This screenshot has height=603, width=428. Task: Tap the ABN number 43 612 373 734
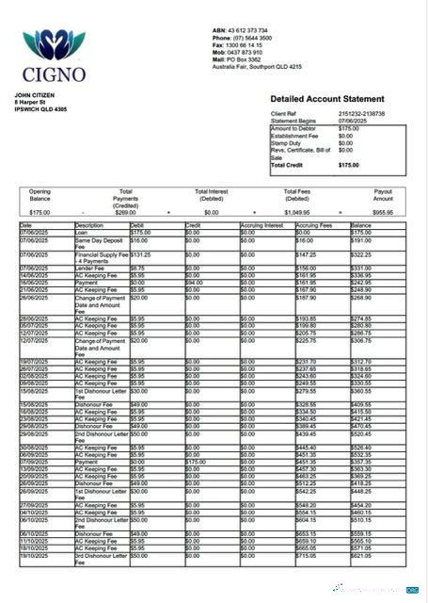coord(248,30)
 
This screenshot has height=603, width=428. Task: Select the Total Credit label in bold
coord(291,165)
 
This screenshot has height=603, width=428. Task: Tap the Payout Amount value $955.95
coord(383,213)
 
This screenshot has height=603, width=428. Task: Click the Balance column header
coord(361,226)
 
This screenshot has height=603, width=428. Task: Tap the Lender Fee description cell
coord(91,268)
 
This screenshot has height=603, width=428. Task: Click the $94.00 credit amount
coord(195,281)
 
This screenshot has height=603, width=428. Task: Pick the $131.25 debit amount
coord(141,254)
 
